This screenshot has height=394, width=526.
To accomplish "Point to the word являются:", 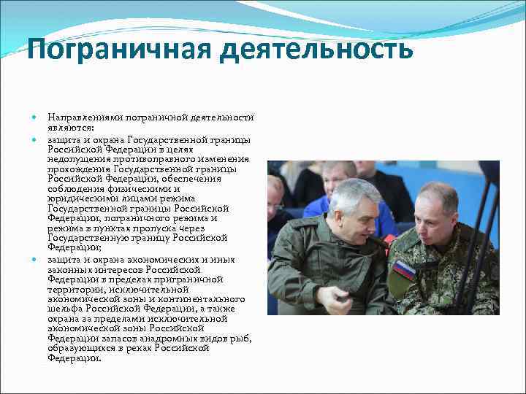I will [67, 125].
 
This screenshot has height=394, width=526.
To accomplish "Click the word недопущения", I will [73, 158].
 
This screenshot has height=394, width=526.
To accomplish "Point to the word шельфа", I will [64, 309].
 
